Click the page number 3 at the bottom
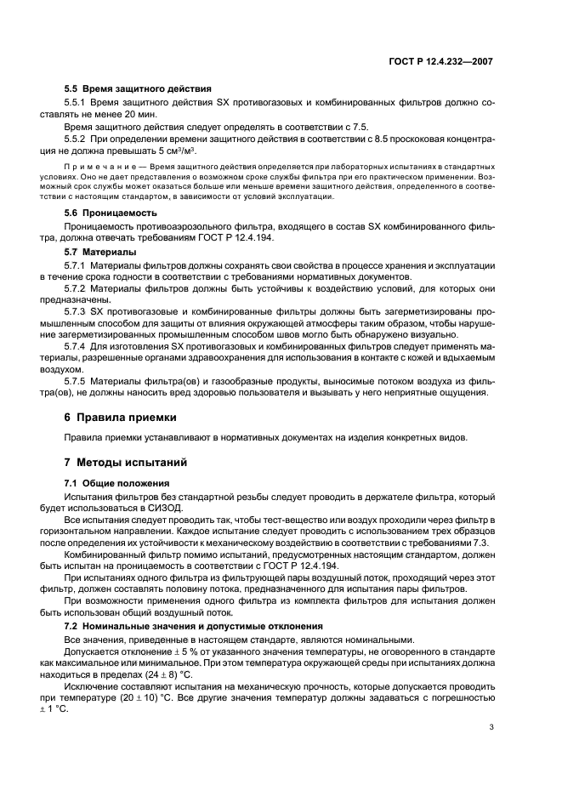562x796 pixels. click(x=491, y=751)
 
